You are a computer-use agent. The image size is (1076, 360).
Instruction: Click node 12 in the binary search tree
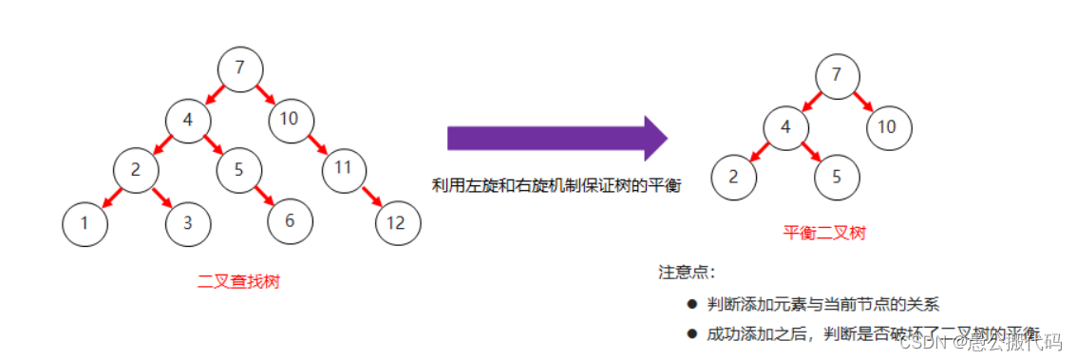tap(398, 223)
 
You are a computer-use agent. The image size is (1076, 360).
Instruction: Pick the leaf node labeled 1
tap(85, 224)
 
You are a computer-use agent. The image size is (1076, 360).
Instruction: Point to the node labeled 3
tap(188, 224)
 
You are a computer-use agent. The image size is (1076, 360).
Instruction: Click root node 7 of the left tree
tap(239, 68)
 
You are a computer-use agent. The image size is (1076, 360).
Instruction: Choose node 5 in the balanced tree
tap(837, 177)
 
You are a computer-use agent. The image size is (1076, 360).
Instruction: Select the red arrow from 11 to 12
tap(371, 198)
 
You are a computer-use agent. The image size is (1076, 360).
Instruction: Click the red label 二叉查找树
tap(238, 281)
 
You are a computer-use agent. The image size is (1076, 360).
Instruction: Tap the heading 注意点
tap(686, 273)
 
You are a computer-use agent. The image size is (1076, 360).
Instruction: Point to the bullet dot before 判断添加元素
tap(691, 304)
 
